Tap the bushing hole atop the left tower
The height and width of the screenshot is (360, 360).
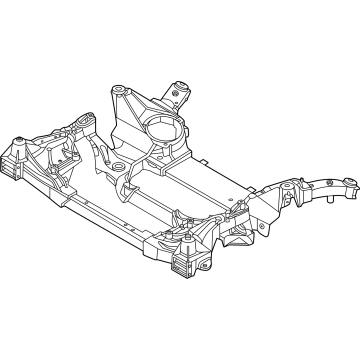click(123, 92)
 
